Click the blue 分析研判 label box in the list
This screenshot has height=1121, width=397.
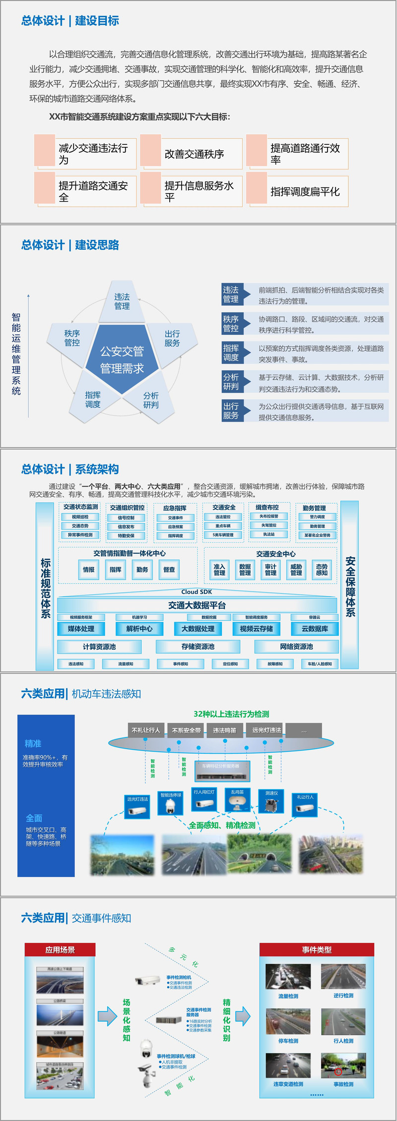[x=231, y=382]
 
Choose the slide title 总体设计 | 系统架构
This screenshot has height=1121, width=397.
[x=70, y=469]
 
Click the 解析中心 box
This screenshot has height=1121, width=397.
[x=139, y=629]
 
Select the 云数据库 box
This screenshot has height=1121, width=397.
[x=315, y=629]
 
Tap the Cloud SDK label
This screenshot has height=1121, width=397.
[x=197, y=592]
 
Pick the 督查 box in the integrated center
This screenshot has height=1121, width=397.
[x=169, y=570]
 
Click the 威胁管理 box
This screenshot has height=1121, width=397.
[x=296, y=570]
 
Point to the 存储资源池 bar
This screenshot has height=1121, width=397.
[x=198, y=647]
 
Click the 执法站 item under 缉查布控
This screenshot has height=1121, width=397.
[x=269, y=534]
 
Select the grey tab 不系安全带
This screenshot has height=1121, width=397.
[x=187, y=730]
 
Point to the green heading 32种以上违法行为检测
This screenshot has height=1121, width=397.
[x=231, y=714]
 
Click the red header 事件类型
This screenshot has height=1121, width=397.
[x=317, y=950]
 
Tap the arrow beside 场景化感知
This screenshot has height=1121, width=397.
[x=107, y=1016]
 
